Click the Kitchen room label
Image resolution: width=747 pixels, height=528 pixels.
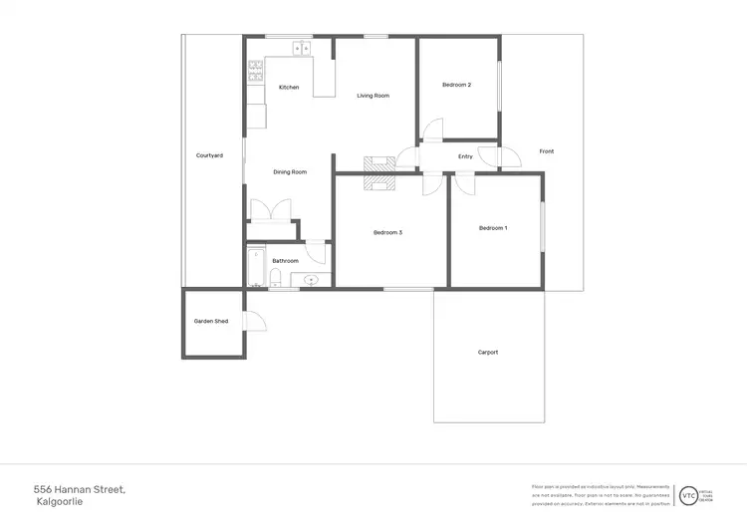pyautogui.click(x=289, y=88)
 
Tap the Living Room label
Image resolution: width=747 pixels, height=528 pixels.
pyautogui.click(x=373, y=96)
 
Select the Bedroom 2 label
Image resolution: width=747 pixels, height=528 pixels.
pyautogui.click(x=457, y=85)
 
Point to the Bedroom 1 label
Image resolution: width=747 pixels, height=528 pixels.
pyautogui.click(x=493, y=228)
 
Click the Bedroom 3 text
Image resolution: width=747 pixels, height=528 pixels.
pyautogui.click(x=387, y=232)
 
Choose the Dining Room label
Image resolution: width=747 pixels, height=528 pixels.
pyautogui.click(x=290, y=172)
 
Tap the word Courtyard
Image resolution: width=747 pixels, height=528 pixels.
pyautogui.click(x=209, y=155)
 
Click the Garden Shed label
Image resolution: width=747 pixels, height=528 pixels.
pyautogui.click(x=211, y=321)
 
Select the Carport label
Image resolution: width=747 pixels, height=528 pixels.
pyautogui.click(x=488, y=352)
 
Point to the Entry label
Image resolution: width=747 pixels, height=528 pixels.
pyautogui.click(x=465, y=156)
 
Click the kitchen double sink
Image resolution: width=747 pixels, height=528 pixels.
pyautogui.click(x=302, y=47)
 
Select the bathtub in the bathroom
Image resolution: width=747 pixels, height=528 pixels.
pyautogui.click(x=256, y=267)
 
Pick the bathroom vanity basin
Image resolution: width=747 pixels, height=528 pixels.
pyautogui.click(x=312, y=280)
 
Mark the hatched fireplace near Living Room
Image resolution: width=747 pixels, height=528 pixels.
pyautogui.click(x=379, y=171)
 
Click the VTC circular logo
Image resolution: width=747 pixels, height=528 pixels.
pyautogui.click(x=688, y=495)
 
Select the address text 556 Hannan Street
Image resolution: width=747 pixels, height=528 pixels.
pyautogui.click(x=80, y=489)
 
